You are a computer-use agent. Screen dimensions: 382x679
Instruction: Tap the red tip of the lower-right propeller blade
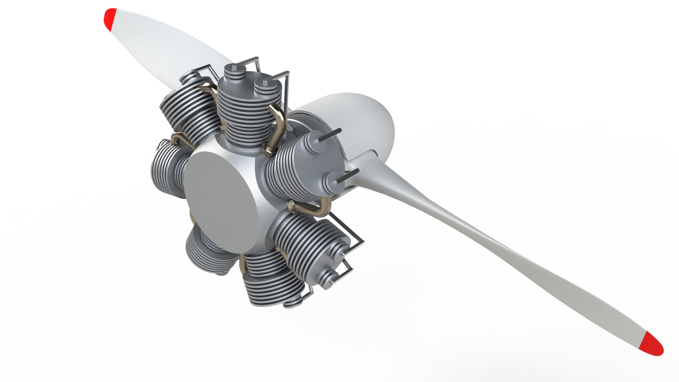point(652,344)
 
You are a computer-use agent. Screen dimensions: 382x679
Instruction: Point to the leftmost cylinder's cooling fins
point(166,166)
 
